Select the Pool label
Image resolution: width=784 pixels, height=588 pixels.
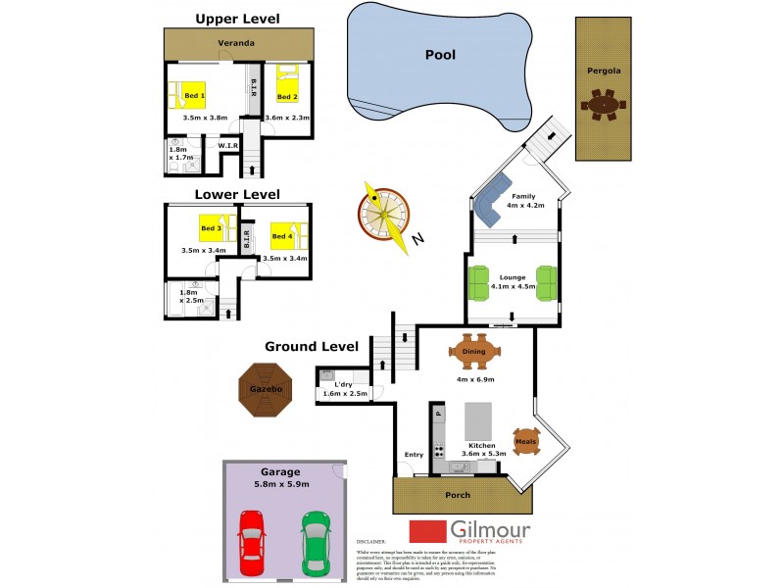coord(440,55)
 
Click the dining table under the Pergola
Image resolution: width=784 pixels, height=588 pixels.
coord(602,103)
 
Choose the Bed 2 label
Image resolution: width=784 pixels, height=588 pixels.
coord(286,97)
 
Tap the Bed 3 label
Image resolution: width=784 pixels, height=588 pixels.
coord(211,228)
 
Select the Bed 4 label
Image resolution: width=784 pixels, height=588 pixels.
coord(281,236)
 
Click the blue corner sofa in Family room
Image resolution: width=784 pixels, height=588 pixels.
coord(494,200)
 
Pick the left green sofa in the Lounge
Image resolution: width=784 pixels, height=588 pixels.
coord(479,283)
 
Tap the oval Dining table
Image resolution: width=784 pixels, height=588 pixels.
coord(474,351)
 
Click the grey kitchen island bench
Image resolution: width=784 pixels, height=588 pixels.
coord(478,421)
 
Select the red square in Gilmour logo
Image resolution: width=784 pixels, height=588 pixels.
coord(427,530)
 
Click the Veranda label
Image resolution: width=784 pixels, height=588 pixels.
coord(236,43)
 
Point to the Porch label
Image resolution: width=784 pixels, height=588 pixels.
coord(459,495)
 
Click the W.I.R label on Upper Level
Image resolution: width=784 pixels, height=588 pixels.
coord(228,146)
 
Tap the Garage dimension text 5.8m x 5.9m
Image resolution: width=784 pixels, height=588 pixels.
coord(282,483)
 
